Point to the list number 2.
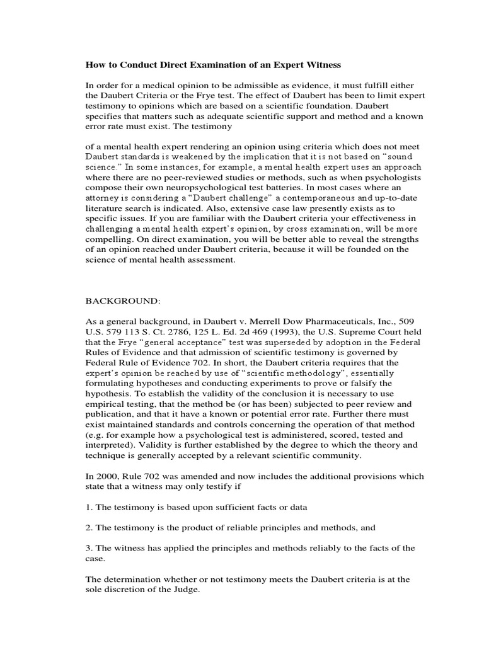[88, 527]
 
